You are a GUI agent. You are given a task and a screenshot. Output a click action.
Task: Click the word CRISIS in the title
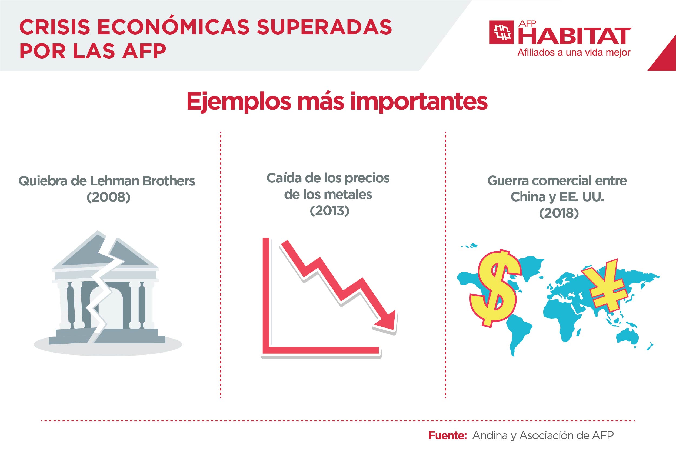pyautogui.click(x=55, y=28)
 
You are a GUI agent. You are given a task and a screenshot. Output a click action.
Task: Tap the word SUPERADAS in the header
pyautogui.click(x=324, y=28)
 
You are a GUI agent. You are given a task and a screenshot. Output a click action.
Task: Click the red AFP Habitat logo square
pyautogui.click(x=501, y=32)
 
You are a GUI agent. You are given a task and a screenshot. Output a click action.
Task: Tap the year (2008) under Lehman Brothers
pyautogui.click(x=109, y=197)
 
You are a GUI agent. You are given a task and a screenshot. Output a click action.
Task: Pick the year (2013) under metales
pyautogui.click(x=329, y=211)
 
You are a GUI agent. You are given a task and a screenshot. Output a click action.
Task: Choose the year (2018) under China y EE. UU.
pyautogui.click(x=558, y=213)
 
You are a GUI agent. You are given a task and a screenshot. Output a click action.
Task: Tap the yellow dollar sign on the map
pyautogui.click(x=495, y=287)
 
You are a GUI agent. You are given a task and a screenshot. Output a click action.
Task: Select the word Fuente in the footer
pyautogui.click(x=447, y=435)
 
